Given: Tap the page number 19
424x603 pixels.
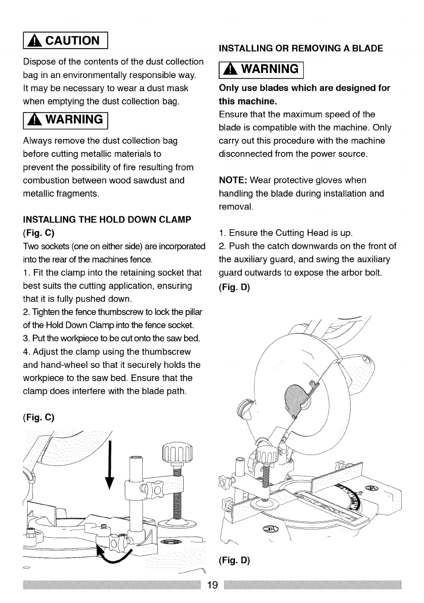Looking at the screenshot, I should [213, 586].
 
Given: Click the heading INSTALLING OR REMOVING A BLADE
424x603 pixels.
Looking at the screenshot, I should [300, 49].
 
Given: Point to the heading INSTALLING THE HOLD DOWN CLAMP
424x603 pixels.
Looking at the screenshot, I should [107, 220].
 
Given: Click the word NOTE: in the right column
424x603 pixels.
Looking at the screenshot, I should [233, 181].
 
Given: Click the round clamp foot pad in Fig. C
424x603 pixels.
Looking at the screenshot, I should [178, 525].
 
